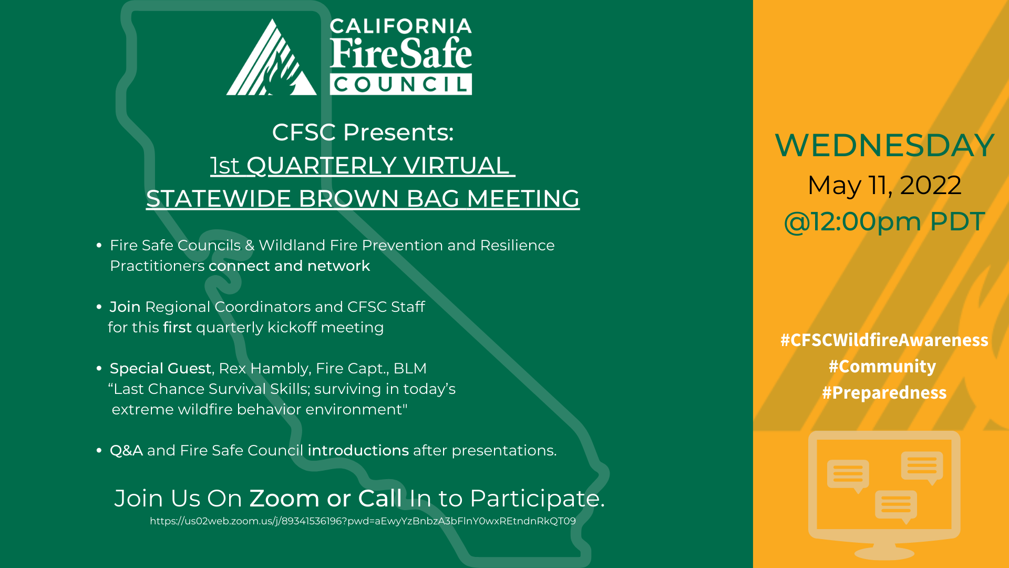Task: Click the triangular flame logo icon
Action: (x=271, y=59)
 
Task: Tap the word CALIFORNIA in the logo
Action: (x=400, y=26)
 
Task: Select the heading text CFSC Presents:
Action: (x=363, y=132)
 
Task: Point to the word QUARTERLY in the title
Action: (x=321, y=166)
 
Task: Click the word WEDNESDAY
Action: (x=884, y=145)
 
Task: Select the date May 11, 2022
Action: (x=884, y=185)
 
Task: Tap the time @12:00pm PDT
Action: (x=884, y=221)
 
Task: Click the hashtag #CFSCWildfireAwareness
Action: (x=884, y=340)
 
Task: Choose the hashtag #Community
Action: (x=882, y=366)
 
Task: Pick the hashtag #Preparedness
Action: (x=884, y=392)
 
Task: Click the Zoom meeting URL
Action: (x=363, y=521)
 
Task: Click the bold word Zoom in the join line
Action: (x=284, y=498)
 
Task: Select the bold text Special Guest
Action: (x=160, y=368)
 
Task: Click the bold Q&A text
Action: (x=126, y=451)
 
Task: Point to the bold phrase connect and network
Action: (x=289, y=266)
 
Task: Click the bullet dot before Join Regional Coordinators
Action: (x=99, y=307)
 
